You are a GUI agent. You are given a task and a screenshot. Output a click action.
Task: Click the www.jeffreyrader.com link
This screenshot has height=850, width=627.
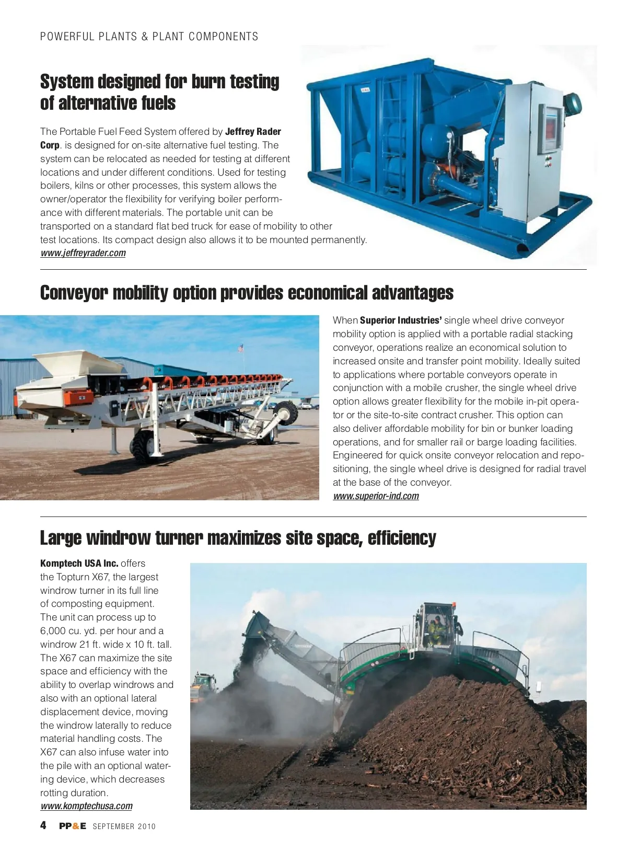pyautogui.click(x=83, y=254)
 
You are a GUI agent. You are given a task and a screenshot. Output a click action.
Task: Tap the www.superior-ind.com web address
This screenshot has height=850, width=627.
pyautogui.click(x=376, y=496)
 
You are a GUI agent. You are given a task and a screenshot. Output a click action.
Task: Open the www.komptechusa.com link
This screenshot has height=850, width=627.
pyautogui.click(x=86, y=806)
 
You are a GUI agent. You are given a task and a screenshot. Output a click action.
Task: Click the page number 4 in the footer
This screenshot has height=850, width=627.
pyautogui.click(x=43, y=825)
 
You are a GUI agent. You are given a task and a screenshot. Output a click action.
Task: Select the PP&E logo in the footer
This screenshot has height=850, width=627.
pyautogui.click(x=73, y=826)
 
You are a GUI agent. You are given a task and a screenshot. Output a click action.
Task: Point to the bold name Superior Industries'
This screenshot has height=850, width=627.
pyautogui.click(x=401, y=320)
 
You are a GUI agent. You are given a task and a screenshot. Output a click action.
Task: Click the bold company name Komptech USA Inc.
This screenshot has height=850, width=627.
pyautogui.click(x=79, y=564)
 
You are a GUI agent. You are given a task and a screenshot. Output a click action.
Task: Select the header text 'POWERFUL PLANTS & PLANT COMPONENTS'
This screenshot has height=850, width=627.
pyautogui.click(x=149, y=37)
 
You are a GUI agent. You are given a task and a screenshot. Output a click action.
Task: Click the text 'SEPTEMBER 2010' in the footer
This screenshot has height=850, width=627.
pyautogui.click(x=124, y=826)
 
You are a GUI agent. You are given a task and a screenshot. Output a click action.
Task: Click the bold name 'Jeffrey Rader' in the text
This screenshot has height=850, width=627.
pyautogui.click(x=253, y=132)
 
